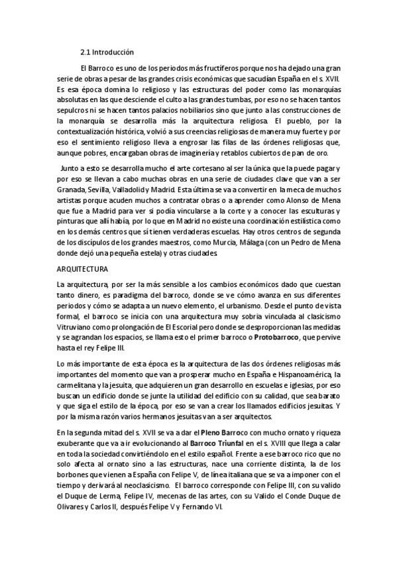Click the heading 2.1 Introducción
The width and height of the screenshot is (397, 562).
click(107, 52)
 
